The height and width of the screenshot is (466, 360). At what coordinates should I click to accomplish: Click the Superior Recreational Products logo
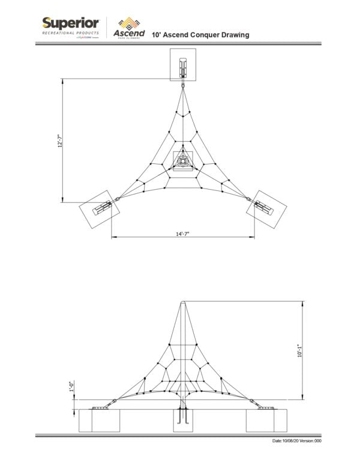71,28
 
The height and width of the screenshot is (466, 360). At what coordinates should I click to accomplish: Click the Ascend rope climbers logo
129,28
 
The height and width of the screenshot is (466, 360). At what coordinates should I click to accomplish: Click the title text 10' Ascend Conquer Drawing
200,35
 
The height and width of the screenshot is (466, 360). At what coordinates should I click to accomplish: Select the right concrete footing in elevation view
266,420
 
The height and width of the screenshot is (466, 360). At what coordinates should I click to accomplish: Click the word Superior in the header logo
71,23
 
